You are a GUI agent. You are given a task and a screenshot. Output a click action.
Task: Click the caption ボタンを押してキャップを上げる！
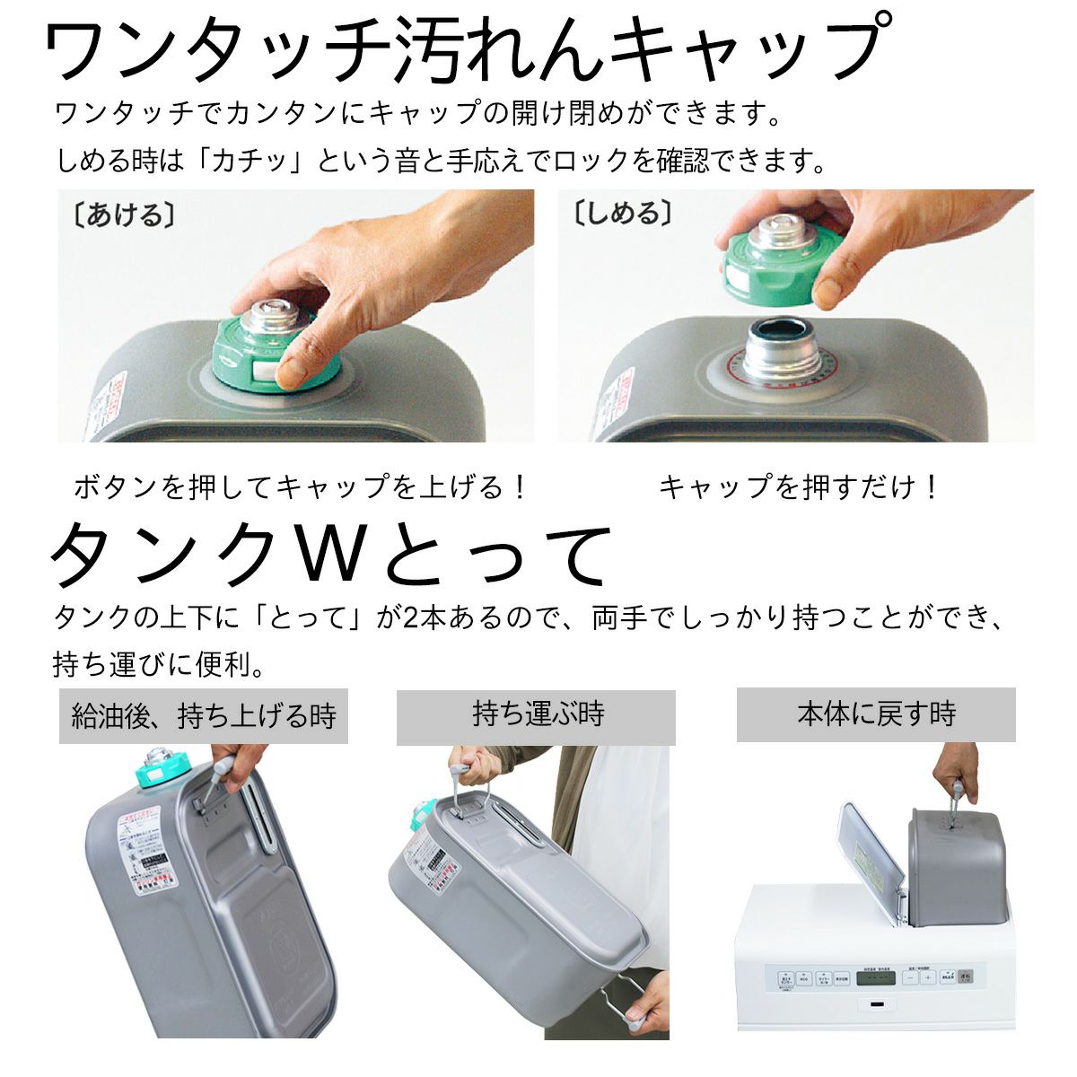(301, 487)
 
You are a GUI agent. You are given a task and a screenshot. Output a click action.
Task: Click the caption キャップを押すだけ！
(799, 487)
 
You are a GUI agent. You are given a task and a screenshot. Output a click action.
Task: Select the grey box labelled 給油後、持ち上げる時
(203, 716)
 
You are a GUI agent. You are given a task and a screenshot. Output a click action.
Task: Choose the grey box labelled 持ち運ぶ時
(536, 716)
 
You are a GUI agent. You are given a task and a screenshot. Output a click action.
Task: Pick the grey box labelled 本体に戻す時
(875, 714)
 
